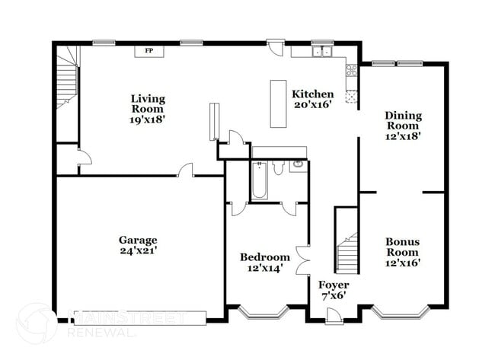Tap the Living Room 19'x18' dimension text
point(148,119)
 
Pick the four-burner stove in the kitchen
point(352,72)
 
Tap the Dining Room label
point(403,120)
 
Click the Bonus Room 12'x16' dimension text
point(403,263)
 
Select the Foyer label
point(334,285)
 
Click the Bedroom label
point(264,257)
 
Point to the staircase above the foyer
point(347,252)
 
